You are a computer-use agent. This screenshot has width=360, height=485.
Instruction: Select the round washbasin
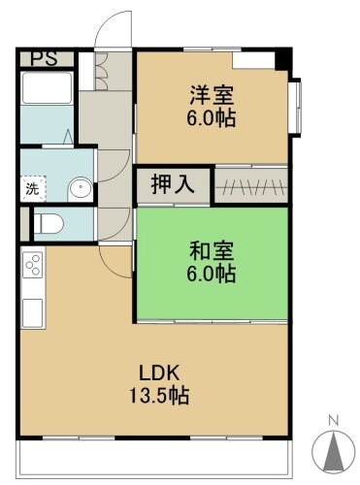coord(79,187)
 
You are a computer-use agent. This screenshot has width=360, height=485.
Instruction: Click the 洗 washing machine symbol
coord(32,188)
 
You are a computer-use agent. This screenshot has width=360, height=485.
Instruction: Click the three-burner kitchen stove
coord(31,268)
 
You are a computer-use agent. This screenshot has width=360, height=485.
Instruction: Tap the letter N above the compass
coord(333,420)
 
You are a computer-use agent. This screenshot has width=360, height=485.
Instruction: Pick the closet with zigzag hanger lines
coord(250,183)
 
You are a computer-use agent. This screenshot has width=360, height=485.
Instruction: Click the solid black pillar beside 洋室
coord(282,58)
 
